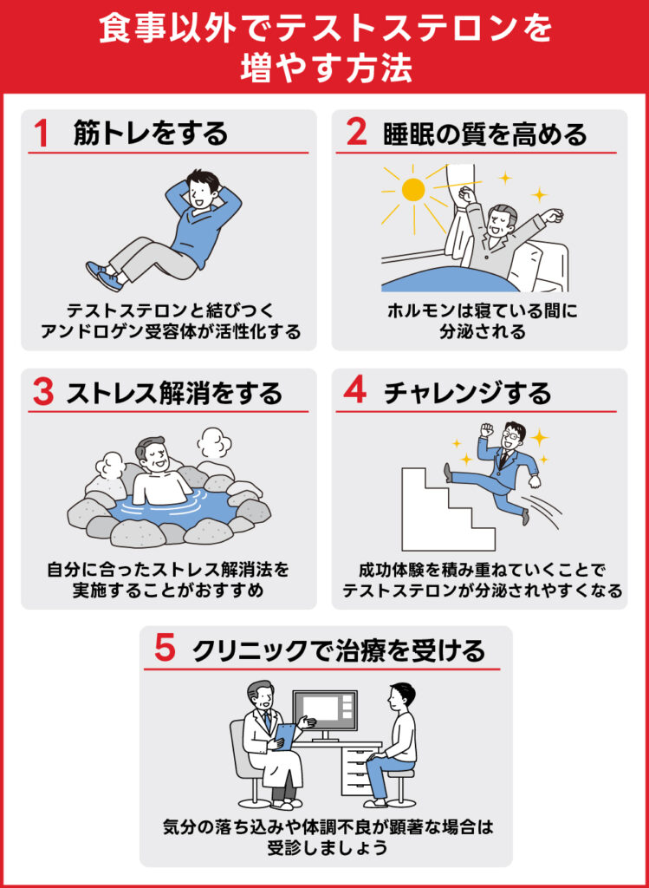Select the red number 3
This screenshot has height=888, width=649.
pos(42,393)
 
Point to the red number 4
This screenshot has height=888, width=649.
pos(355,393)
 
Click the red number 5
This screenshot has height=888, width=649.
pos(165,650)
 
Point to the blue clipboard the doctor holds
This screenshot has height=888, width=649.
pos(284,735)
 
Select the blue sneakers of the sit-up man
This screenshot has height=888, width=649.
pos(102,275)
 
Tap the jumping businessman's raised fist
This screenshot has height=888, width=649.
pos(486,429)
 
